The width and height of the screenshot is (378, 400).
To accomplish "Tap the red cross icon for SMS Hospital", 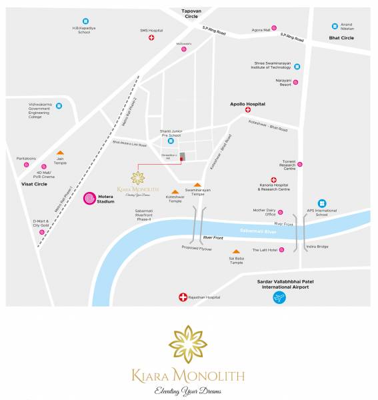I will (151, 38).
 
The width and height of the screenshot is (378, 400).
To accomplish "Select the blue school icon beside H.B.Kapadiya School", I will (85, 21).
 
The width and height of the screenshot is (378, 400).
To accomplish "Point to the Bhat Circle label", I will (341, 38).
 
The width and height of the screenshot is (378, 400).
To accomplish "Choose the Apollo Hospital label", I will (247, 104).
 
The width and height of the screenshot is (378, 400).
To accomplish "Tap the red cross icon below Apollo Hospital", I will (247, 111).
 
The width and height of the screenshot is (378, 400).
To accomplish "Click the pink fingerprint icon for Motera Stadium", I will (89, 198).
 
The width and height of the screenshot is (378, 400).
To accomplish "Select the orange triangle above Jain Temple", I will (60, 153).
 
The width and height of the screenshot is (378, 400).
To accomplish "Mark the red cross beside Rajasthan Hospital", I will (183, 297).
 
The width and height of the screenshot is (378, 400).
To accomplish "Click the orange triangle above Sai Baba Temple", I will (236, 252).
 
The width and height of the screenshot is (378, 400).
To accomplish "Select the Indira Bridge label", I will (317, 247).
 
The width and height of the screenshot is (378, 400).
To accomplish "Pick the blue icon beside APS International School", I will (322, 203).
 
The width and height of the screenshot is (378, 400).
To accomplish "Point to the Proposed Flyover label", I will (197, 248).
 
